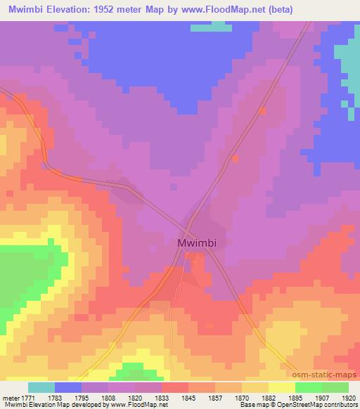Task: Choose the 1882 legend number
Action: pos(259,398)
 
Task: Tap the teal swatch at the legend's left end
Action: pos(41,387)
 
